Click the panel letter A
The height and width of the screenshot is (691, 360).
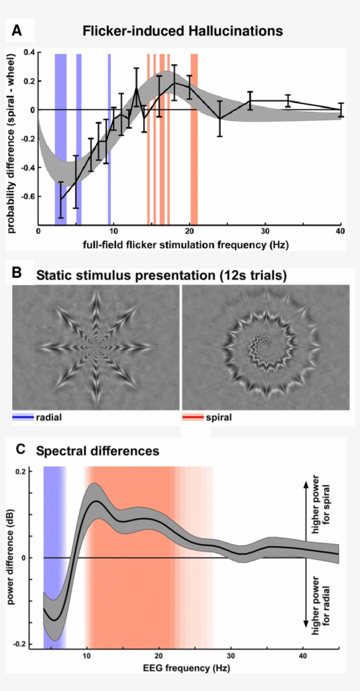(17, 30)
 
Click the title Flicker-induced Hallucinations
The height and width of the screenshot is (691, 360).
(183, 31)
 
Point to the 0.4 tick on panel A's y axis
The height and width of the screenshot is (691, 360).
(29, 53)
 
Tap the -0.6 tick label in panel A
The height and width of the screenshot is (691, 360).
(28, 196)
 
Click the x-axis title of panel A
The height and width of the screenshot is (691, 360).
(186, 245)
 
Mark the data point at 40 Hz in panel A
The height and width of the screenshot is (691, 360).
(341, 110)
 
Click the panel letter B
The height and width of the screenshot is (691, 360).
(17, 273)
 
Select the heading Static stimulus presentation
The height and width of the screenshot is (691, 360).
(161, 275)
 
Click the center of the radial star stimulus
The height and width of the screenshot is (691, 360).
(96, 347)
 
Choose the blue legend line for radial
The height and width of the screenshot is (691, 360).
(23, 417)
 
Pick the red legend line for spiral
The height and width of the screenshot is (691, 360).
(193, 417)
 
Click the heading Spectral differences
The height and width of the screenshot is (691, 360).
(97, 451)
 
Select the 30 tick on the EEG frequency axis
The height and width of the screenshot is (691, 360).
(230, 656)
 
